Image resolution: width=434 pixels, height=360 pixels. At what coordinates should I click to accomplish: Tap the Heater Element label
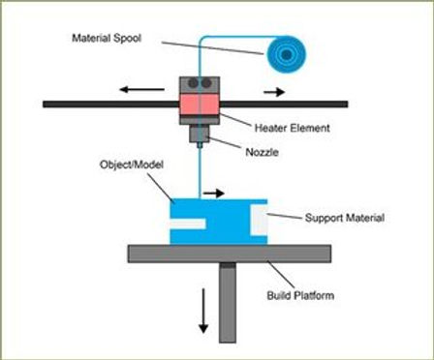click(x=292, y=127)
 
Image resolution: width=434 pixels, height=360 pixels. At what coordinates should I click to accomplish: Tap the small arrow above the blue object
click(x=213, y=193)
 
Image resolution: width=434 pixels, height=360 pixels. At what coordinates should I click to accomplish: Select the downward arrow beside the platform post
click(x=202, y=311)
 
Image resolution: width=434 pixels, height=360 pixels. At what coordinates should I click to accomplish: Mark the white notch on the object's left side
click(x=188, y=224)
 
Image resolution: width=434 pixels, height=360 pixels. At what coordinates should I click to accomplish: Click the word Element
click(x=311, y=127)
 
